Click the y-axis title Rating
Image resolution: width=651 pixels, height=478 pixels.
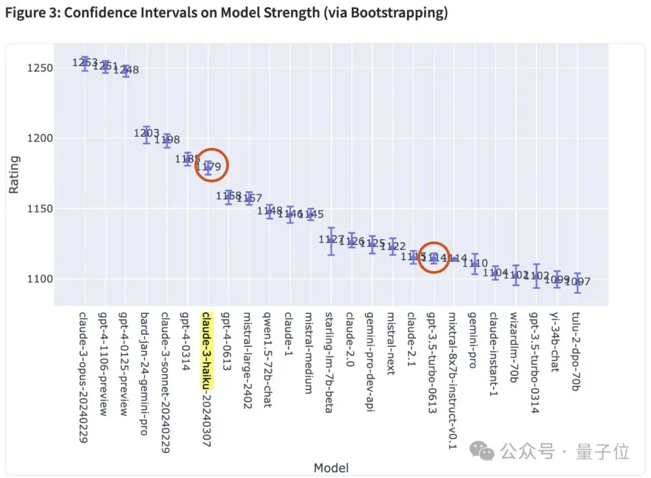click(x=14, y=174)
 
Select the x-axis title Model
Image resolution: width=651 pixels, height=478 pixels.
click(x=331, y=467)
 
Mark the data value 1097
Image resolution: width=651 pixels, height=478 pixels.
click(x=577, y=282)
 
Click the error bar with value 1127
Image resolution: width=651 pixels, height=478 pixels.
click(x=331, y=241)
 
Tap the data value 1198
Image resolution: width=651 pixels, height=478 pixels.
click(x=167, y=140)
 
